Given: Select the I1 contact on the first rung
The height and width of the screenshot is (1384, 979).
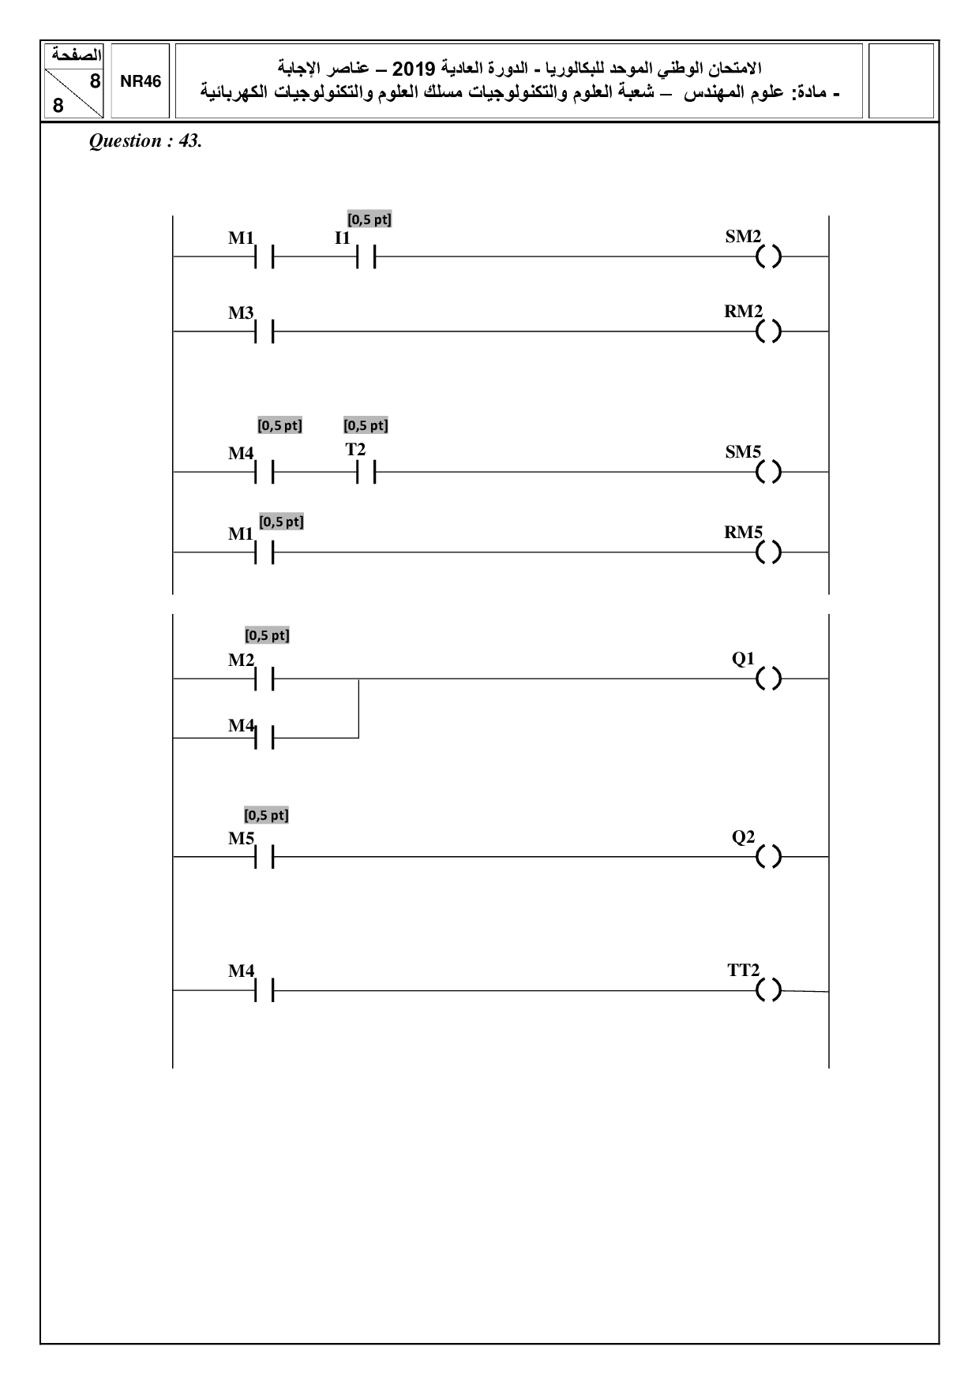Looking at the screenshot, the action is (365, 256).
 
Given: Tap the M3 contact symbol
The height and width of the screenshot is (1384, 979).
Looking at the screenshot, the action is (264, 332).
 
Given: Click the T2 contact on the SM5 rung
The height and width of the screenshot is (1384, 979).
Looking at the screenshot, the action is (365, 472).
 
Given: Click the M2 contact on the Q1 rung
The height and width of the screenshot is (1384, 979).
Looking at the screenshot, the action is (264, 679).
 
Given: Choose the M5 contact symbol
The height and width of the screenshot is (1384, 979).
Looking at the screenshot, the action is (264, 857).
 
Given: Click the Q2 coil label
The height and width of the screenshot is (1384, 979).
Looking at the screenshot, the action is (744, 837).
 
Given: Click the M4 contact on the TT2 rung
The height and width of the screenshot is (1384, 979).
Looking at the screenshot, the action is (264, 990).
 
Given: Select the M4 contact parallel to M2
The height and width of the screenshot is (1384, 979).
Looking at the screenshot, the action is (264, 738).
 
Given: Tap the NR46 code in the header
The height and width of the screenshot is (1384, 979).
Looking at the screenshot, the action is (141, 82).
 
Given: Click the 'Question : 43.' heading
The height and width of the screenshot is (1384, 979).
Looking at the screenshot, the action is (146, 141).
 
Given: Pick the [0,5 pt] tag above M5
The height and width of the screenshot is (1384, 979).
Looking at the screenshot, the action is (267, 815).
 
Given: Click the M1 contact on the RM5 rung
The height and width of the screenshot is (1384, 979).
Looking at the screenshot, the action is (264, 552).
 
